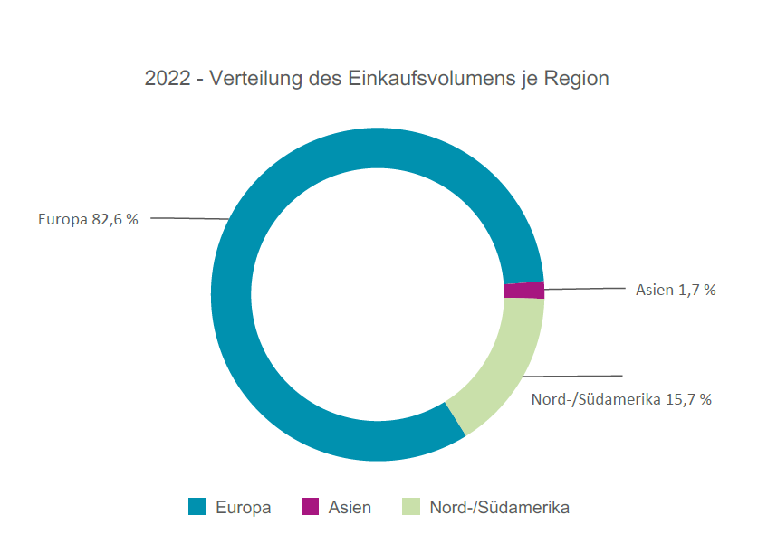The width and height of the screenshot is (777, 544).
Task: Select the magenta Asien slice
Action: (524, 291)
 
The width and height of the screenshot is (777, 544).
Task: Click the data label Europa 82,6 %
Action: (88, 219)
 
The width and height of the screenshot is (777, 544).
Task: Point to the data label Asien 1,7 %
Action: (676, 291)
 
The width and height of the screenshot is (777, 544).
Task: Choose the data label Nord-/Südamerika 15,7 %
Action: (621, 399)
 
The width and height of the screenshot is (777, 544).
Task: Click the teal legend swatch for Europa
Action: (197, 507)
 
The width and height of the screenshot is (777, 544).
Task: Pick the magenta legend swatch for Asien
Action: (310, 507)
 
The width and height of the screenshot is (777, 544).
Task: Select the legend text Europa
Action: (243, 508)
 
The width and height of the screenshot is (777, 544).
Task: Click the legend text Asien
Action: (350, 508)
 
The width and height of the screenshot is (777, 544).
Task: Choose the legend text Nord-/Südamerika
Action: (500, 508)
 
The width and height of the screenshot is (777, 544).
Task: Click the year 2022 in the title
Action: (168, 79)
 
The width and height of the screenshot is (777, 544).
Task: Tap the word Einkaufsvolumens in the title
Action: (419, 79)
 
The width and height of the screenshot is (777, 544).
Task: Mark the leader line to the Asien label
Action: (584, 289)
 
